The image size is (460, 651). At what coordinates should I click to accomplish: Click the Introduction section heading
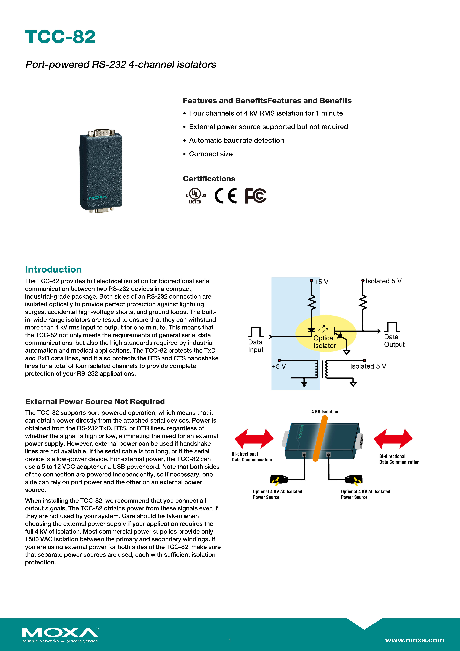(x=53, y=269)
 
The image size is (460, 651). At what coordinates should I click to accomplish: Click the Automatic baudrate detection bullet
(x=236, y=140)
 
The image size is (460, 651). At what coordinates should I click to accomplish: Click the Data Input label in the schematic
(x=256, y=346)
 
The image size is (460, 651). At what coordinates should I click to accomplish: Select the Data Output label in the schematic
(x=394, y=341)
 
